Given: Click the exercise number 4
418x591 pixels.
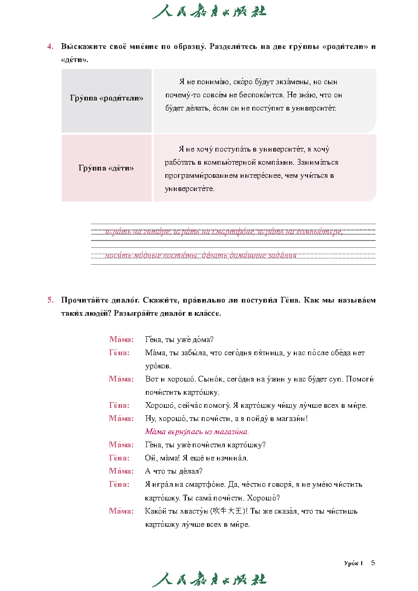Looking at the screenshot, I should [x=50, y=46].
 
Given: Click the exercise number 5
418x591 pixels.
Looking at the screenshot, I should [x=50, y=300].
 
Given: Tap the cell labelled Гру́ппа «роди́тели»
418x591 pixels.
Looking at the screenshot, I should [x=106, y=98].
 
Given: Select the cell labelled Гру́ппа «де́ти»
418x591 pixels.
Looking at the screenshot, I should [x=106, y=168].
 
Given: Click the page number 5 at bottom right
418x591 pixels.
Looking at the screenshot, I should [x=373, y=563].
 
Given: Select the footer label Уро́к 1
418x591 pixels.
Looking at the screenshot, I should [x=353, y=563].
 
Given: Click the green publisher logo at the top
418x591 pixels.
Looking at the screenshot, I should [x=209, y=12].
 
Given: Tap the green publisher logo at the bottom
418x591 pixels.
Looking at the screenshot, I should [x=209, y=579].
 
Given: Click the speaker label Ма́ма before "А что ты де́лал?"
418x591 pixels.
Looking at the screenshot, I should [x=121, y=471].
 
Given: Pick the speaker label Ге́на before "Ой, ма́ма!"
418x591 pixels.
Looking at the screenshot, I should [x=120, y=458].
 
